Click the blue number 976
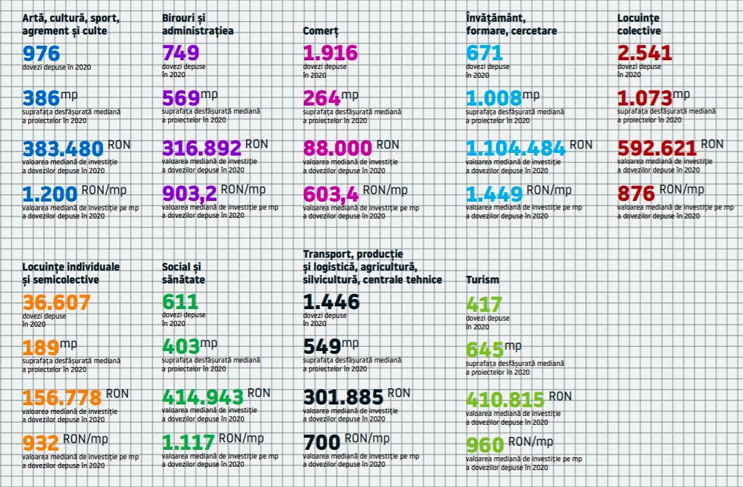[x=41, y=53]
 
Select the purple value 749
[x=181, y=53]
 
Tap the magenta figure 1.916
[x=330, y=53]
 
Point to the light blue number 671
[x=484, y=53]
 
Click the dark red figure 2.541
[x=644, y=53]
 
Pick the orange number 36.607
[x=56, y=302]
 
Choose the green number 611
[x=180, y=302]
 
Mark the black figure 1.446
[x=331, y=302]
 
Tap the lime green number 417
[x=484, y=304]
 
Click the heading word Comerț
[x=320, y=31]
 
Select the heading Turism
[x=482, y=279]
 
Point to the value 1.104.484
[x=515, y=148]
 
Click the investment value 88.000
[x=337, y=148]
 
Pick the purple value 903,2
[x=190, y=194]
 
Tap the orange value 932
[x=41, y=443]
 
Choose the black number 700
[x=321, y=443]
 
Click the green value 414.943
[x=203, y=397]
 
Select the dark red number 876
[x=636, y=194]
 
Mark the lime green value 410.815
[x=505, y=400]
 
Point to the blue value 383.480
[x=63, y=148]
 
